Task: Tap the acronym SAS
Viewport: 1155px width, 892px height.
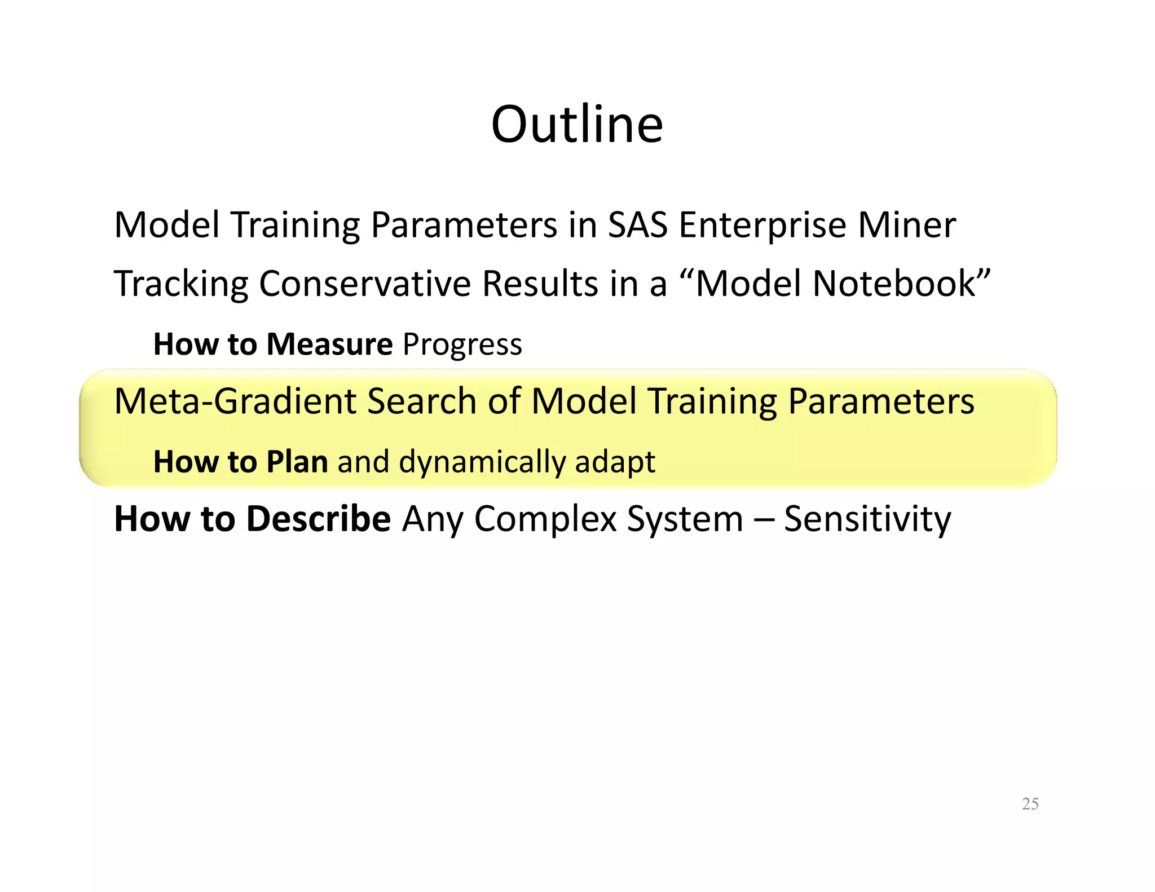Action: click(x=638, y=225)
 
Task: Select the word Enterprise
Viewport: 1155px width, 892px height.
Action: click(x=762, y=225)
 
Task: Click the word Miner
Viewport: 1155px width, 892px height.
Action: click(x=907, y=225)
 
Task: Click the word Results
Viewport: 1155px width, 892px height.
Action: click(x=540, y=284)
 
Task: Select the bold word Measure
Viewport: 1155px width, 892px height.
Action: click(x=329, y=344)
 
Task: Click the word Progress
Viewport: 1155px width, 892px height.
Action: click(x=462, y=345)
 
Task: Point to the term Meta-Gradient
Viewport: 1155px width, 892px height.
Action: click(x=235, y=401)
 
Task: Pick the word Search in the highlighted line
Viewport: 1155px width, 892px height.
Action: click(x=421, y=401)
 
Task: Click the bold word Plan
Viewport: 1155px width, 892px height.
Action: click(x=297, y=461)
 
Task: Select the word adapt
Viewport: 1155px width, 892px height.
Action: click(x=615, y=462)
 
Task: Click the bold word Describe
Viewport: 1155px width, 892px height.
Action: click(x=319, y=519)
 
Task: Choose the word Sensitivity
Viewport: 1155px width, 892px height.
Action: click(x=867, y=519)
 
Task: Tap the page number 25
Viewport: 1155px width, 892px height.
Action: click(x=1030, y=804)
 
